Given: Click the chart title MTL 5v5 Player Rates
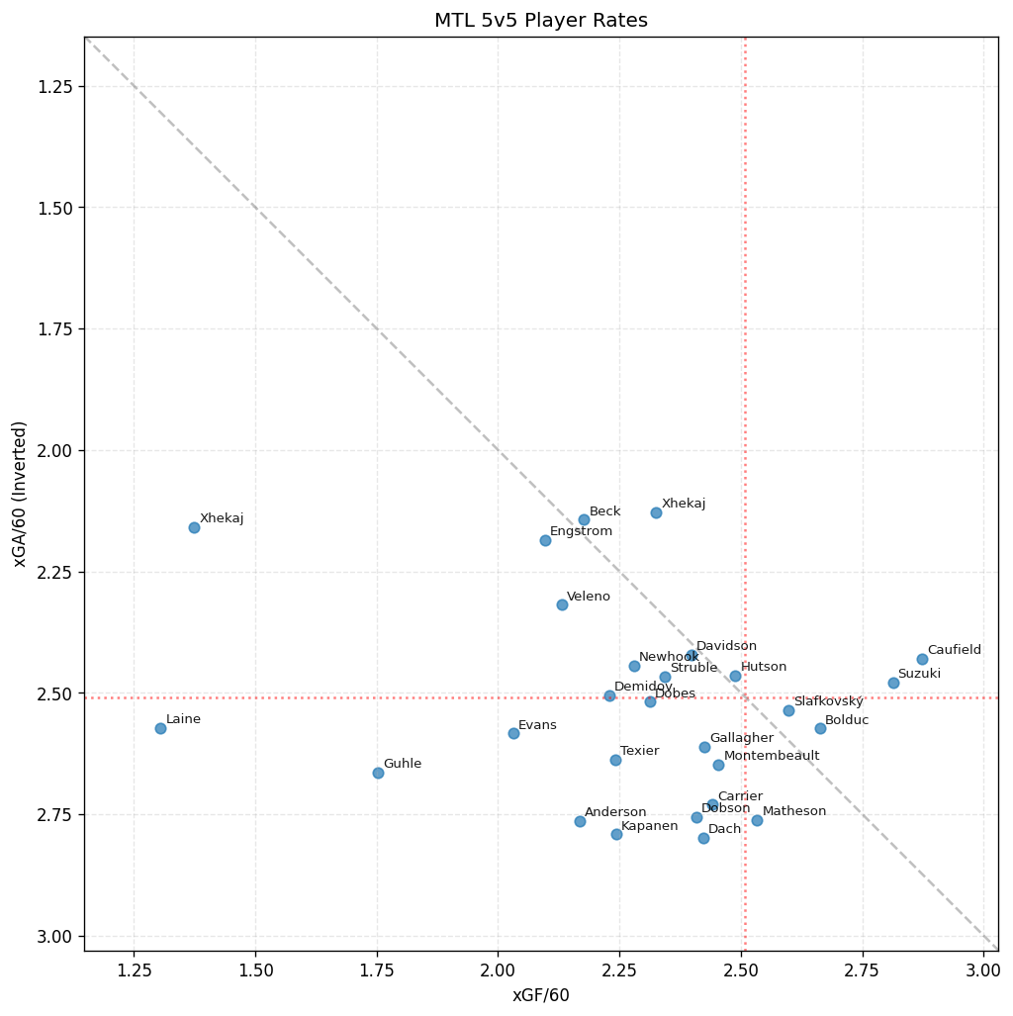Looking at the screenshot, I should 541,21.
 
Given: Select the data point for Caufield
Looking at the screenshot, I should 922,659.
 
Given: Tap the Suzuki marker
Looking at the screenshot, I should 893,683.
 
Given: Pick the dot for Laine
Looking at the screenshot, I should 160,728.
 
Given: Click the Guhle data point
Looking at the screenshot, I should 378,773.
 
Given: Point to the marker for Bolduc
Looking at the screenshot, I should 820,728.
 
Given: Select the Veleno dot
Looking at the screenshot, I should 562,604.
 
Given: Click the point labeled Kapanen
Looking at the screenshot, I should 616,834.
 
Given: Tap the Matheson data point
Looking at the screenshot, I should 757,820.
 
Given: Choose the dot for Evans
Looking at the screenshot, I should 513,733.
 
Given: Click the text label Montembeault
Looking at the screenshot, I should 772,756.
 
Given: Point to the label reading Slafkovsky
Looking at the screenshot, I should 828,701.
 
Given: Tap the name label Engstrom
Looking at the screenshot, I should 581,531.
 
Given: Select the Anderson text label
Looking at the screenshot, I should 615,812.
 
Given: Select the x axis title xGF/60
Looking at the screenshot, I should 541,995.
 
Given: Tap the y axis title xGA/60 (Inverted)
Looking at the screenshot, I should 20,494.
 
